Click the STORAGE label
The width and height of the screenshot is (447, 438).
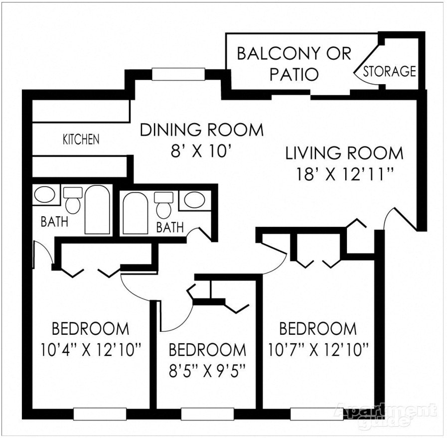[x=389, y=71]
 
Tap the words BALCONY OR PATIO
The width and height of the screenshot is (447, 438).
[x=294, y=63]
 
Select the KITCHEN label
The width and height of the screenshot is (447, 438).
[x=81, y=140]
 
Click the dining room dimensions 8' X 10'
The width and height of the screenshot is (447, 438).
[x=201, y=151]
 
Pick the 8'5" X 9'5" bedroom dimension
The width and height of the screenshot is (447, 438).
[x=207, y=370]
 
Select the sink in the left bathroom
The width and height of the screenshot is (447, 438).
[x=45, y=194]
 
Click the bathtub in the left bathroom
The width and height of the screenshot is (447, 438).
[x=97, y=210]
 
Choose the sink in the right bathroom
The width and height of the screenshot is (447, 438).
[x=194, y=200]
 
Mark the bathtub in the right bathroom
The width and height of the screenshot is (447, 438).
[x=135, y=213]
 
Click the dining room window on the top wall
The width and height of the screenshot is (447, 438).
[x=178, y=74]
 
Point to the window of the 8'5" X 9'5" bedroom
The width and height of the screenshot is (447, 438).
[x=207, y=414]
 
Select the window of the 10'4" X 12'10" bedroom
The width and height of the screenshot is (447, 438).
[x=100, y=414]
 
